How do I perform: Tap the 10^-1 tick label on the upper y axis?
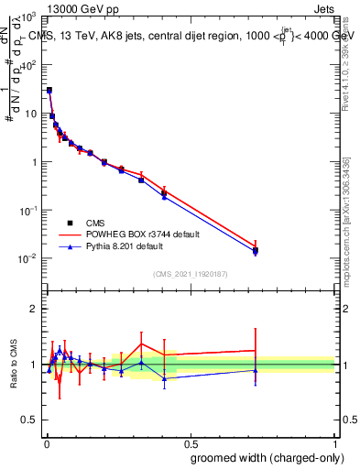27,210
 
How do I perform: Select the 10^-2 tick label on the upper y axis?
27,258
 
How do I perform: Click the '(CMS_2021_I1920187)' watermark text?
190,274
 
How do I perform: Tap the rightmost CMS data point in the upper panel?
256,250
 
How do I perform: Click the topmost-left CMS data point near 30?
49,90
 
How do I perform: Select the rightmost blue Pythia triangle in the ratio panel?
256,370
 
